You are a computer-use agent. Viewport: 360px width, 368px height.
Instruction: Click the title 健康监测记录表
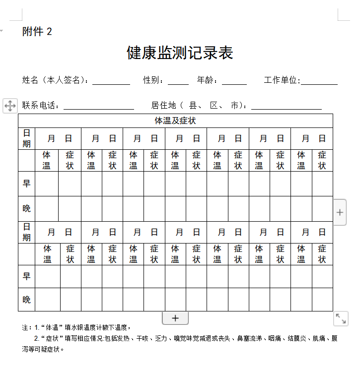click(180, 53)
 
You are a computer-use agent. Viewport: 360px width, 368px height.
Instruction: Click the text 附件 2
click(37, 32)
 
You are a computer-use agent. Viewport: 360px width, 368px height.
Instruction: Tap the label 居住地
click(164, 105)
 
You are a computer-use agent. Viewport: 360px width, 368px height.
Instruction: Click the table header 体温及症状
click(175, 121)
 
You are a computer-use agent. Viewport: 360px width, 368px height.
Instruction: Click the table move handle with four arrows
click(10, 105)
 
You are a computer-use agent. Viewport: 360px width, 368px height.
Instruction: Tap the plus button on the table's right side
click(340, 212)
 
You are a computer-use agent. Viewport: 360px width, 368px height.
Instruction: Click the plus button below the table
click(175, 318)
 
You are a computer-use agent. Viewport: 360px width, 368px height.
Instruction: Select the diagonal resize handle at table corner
click(341, 318)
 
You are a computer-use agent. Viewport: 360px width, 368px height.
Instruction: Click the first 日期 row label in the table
click(26, 138)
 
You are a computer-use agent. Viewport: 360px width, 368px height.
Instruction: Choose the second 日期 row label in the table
click(26, 232)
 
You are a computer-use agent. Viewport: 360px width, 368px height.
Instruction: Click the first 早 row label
click(26, 184)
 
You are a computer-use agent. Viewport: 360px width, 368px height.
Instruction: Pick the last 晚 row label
click(26, 300)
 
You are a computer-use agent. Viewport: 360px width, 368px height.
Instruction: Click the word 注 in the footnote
click(25, 328)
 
